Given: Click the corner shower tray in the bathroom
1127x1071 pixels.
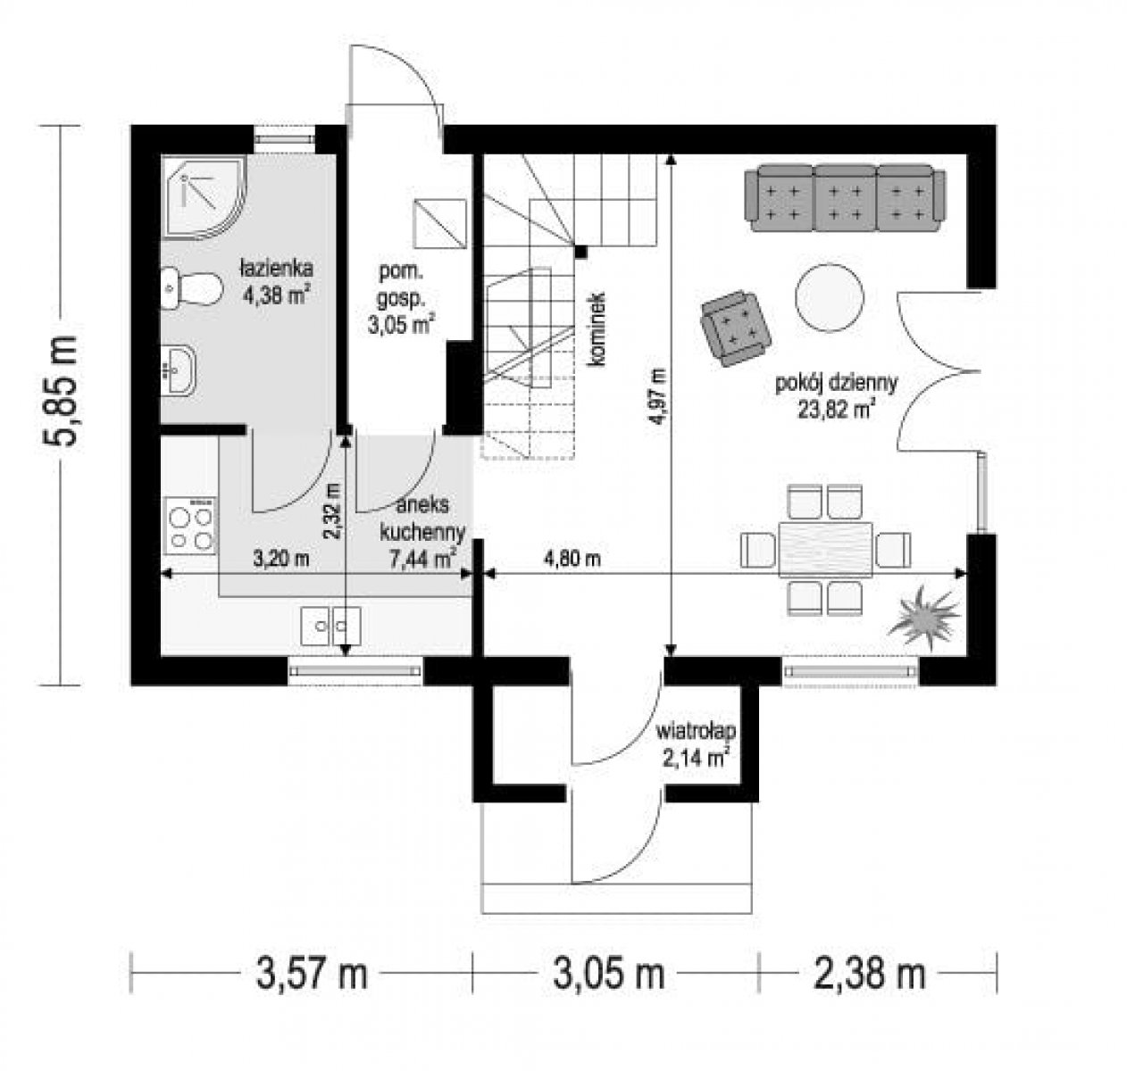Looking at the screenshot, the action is pos(205,196).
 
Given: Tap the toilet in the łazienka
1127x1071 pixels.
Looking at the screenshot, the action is pos(191,287).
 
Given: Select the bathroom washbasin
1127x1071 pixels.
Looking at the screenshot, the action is pos(179,369).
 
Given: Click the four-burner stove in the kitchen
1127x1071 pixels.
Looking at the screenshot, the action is pos(191,526).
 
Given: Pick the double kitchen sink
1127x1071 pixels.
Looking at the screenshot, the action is pos(331,626).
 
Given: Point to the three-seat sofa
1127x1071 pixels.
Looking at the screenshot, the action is pos(845,198).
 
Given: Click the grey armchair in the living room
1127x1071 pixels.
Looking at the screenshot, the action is pos(735,328).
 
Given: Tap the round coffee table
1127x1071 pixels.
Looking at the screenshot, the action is pos(830,297).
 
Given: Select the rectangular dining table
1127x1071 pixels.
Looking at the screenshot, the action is pos(825,549).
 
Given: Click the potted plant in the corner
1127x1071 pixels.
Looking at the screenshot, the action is pos(923,617).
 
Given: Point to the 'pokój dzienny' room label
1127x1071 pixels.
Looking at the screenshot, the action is pos(837,383).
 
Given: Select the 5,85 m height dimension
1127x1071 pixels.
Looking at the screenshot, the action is pos(61,390).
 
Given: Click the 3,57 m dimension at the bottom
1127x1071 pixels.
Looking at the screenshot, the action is pos(312,973).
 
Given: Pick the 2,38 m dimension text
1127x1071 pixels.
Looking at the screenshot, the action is pos(870,973).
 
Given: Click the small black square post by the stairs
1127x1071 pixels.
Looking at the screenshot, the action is pos(581,251).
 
